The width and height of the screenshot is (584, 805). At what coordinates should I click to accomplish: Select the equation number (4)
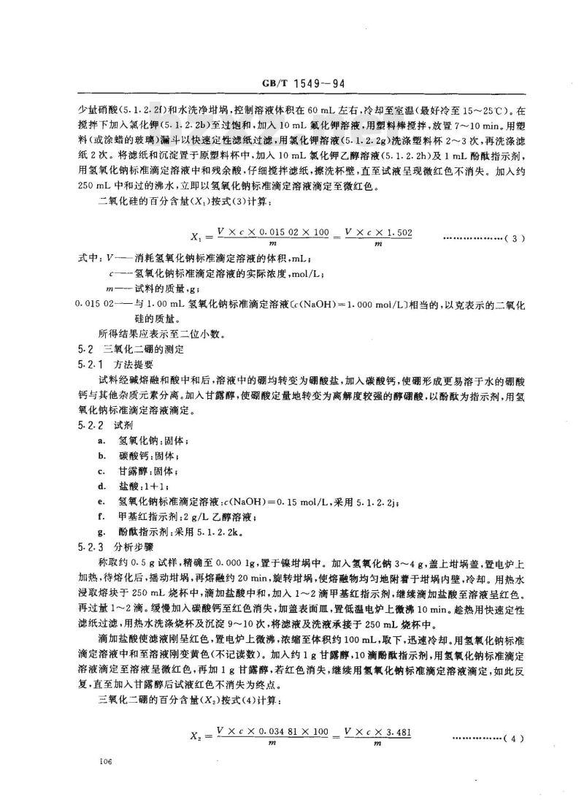(x=515, y=739)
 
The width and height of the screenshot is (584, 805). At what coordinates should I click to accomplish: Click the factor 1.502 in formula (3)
(x=399, y=232)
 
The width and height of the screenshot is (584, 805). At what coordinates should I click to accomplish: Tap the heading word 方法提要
(x=136, y=363)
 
